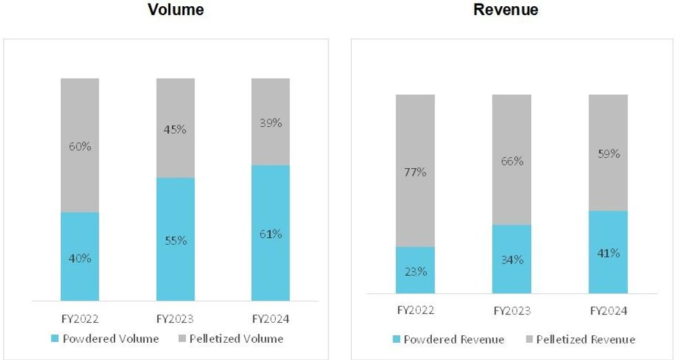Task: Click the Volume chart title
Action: (176, 10)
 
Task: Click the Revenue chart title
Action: (506, 10)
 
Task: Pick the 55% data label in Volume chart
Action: (175, 241)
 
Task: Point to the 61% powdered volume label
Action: (270, 234)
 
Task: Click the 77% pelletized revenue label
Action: (415, 172)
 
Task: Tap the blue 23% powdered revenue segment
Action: (415, 270)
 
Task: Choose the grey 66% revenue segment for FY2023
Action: (512, 160)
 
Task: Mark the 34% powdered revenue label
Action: (512, 260)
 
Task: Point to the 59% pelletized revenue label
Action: (608, 154)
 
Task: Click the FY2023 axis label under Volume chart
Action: (175, 319)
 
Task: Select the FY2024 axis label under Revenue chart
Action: (608, 311)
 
